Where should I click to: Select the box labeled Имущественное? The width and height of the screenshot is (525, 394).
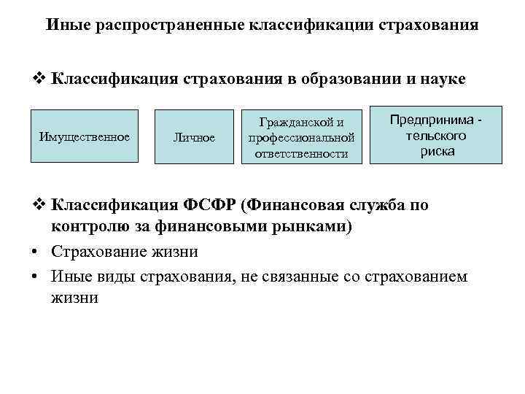click(x=85, y=136)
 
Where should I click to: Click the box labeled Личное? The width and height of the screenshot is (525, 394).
click(x=194, y=137)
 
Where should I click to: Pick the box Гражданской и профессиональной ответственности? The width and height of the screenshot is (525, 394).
click(x=301, y=137)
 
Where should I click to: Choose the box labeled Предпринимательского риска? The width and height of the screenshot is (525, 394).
click(x=437, y=136)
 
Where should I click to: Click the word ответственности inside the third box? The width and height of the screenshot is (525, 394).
click(x=301, y=154)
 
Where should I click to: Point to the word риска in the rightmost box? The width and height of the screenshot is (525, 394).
click(x=437, y=152)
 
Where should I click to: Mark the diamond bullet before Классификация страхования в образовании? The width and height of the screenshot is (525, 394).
click(x=41, y=78)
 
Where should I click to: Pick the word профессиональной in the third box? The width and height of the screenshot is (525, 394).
click(x=301, y=137)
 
